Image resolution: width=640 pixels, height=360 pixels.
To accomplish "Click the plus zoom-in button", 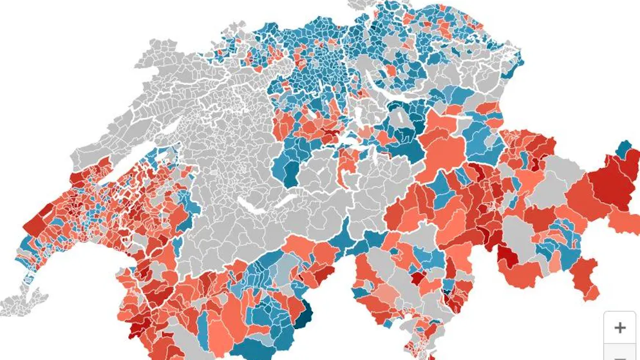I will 619,327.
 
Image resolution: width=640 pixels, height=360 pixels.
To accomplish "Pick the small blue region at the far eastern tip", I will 624,149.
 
